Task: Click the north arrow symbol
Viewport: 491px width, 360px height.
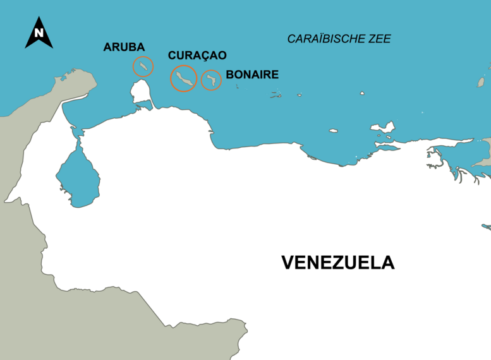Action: click(39, 33)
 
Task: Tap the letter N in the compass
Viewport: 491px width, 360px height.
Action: click(39, 33)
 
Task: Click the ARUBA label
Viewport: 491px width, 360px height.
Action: click(124, 47)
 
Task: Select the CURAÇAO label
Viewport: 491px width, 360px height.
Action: click(197, 56)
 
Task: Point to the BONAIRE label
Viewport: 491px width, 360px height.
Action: click(252, 75)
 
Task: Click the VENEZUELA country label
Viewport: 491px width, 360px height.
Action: click(337, 263)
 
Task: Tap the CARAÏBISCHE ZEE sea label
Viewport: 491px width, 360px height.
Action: click(339, 39)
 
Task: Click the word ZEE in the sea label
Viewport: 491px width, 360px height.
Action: click(379, 39)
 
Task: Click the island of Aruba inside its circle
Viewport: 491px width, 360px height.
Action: click(143, 66)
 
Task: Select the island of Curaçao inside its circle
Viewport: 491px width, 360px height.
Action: click(183, 78)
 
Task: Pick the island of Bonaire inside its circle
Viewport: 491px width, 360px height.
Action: click(211, 80)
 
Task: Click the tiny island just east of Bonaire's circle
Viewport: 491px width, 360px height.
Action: click(238, 86)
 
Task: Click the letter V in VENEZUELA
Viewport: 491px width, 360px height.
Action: click(288, 263)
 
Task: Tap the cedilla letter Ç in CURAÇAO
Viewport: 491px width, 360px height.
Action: click(202, 56)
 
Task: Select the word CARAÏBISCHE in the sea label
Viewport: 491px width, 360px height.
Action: click(325, 39)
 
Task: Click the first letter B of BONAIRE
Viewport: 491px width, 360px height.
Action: click(229, 75)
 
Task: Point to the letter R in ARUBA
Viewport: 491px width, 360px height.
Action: click(116, 47)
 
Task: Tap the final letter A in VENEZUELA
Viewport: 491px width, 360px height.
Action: click(387, 263)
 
